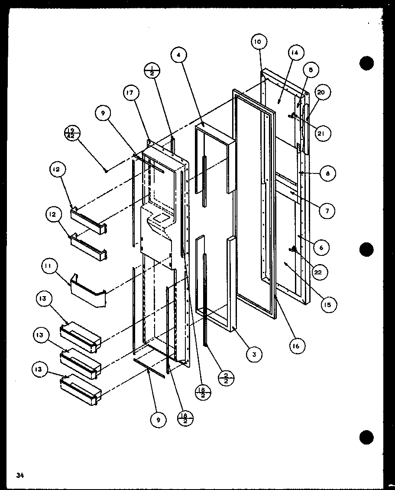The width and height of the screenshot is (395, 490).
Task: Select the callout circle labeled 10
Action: [x=258, y=42]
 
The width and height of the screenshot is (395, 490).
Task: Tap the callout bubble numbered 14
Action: [x=295, y=53]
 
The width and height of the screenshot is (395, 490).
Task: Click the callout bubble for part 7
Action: [x=327, y=211]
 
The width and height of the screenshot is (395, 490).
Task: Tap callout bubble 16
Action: [x=297, y=346]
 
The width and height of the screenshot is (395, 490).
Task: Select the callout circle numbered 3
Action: [x=254, y=354]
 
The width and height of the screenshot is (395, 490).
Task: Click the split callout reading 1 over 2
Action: [x=152, y=70]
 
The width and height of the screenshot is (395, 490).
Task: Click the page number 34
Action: [x=19, y=475]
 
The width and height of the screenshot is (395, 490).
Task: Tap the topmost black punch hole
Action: [x=366, y=63]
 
